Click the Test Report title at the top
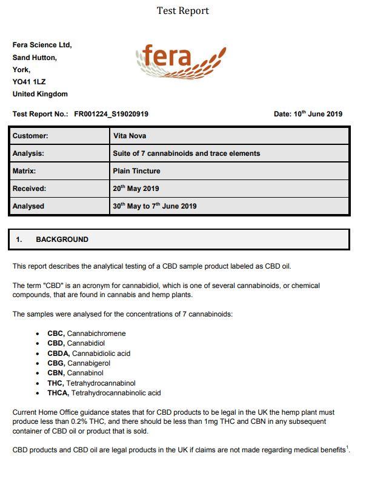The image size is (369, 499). (182, 10)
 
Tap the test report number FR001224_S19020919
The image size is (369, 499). (111, 114)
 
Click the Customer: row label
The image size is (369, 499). (30, 136)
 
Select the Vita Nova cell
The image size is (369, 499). (130, 136)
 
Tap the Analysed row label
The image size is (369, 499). (28, 206)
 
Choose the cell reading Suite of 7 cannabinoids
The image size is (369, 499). (186, 153)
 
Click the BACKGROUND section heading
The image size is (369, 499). (62, 239)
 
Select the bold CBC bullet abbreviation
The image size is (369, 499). (56, 333)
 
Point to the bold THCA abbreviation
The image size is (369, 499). (58, 393)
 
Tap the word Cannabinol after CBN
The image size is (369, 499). (85, 373)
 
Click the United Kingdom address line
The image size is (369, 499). (40, 94)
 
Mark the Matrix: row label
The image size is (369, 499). (24, 171)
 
